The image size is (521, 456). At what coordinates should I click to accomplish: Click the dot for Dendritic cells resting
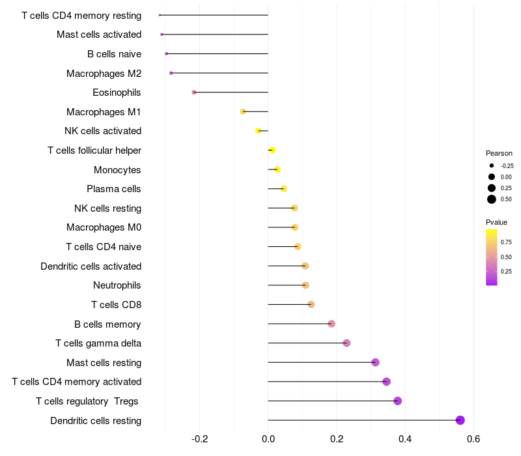pos(460,420)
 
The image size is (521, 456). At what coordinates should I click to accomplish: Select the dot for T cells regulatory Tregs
pos(398,401)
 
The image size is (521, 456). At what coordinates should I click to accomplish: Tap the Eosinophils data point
pos(194,93)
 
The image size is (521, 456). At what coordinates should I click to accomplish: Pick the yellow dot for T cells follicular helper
pos(272,150)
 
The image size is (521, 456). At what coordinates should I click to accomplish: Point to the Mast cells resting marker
pos(375,362)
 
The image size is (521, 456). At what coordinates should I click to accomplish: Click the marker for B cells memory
pos(331,324)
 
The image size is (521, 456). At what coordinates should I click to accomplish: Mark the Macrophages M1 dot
pos(243,111)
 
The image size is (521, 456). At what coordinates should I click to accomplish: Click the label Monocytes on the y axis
pos(117,170)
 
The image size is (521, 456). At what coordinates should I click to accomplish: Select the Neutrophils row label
pos(117,285)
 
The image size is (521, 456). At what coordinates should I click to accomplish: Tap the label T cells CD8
pos(116,305)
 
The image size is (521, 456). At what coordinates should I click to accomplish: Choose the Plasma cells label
pos(114,189)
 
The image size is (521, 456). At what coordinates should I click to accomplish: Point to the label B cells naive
pos(114,54)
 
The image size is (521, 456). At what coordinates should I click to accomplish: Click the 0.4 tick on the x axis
pos(405,439)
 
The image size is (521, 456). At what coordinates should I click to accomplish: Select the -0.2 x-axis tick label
pos(199,439)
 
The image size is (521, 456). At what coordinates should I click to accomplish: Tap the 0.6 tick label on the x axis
pos(473,439)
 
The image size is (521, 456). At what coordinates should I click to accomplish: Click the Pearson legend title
pos(499,153)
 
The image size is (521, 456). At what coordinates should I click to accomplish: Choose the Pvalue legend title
pos(496,222)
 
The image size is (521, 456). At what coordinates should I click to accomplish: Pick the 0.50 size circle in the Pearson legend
pos(492,199)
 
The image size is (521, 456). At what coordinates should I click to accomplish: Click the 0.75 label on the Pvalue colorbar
pos(506,242)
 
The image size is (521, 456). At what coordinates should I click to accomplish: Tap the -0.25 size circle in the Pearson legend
pos(492,165)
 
